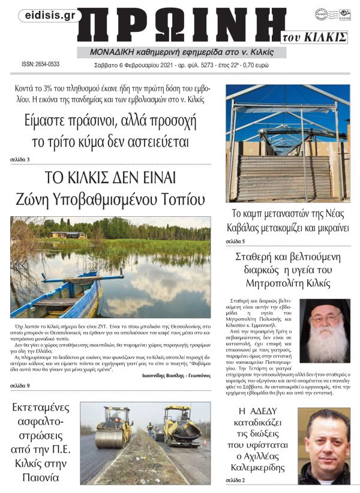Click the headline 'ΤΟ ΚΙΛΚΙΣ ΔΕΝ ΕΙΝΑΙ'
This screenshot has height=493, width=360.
pyautogui.click(x=110, y=178)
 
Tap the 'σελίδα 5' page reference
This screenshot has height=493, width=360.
pyautogui.click(x=235, y=240)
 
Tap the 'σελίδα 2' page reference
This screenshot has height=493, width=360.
pyautogui.click(x=235, y=480)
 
